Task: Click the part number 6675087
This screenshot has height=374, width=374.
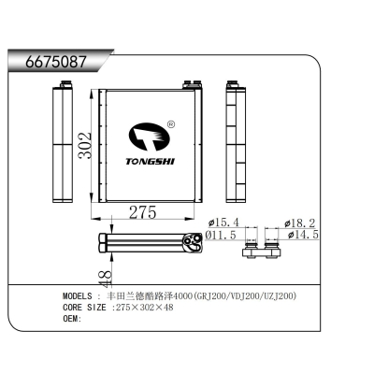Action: point(48,63)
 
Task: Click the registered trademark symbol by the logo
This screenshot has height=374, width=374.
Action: point(171,122)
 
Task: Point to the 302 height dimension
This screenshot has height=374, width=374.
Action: point(83,148)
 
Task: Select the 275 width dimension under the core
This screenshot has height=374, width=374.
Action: point(141,212)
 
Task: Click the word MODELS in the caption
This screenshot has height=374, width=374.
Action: point(82,295)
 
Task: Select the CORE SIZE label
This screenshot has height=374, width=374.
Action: point(85,307)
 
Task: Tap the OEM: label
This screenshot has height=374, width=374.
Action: point(73,318)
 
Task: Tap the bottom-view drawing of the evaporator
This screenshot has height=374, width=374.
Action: point(150,244)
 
